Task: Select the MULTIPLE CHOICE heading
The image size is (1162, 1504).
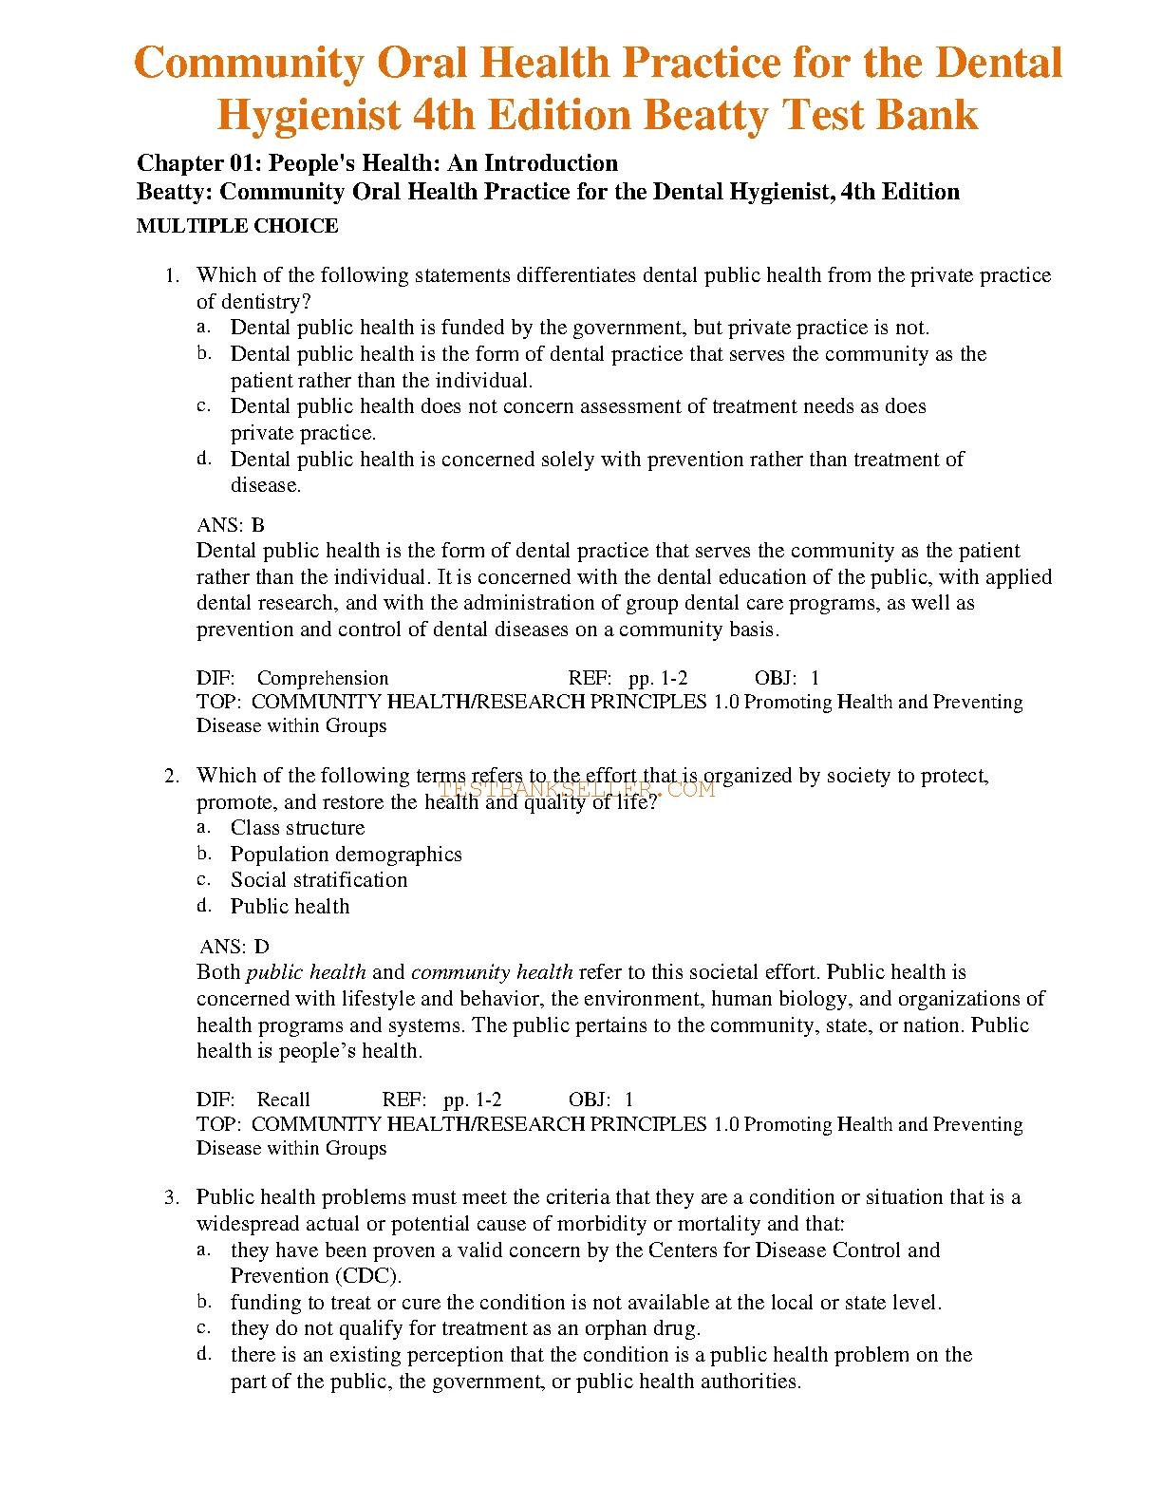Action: [237, 226]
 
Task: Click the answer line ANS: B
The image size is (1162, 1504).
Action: [231, 525]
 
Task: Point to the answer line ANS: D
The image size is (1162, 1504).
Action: [234, 947]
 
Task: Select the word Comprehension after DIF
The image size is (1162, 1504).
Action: [323, 678]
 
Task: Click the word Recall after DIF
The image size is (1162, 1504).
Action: [283, 1100]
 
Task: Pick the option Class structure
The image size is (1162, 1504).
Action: [297, 828]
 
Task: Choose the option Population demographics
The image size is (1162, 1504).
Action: [346, 855]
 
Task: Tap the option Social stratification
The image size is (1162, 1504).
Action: [319, 880]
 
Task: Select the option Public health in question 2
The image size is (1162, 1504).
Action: [290, 907]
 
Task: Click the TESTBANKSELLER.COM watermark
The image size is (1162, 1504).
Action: [576, 789]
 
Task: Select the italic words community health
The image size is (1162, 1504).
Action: [492, 972]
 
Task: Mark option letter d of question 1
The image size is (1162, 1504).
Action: [203, 459]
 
